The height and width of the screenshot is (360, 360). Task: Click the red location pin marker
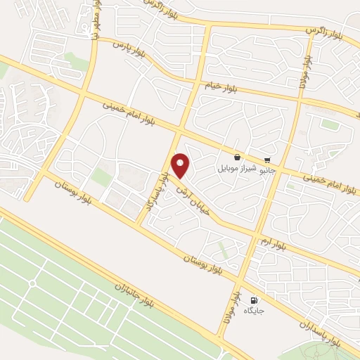pyautogui.click(x=181, y=165)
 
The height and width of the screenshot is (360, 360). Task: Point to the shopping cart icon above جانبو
pyautogui.click(x=267, y=160)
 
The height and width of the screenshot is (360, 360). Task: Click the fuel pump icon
pyautogui.click(x=253, y=301)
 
